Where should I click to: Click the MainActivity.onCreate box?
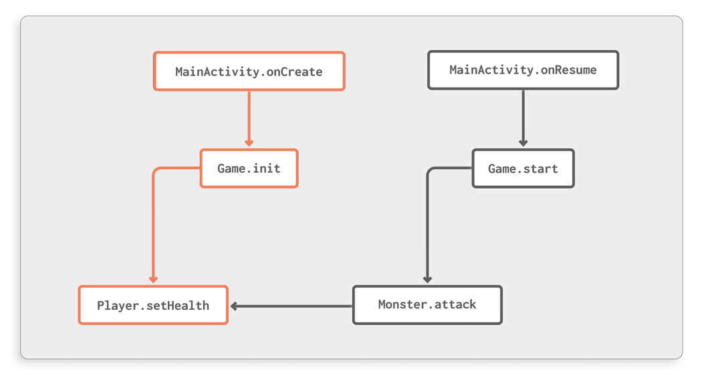coord(249,71)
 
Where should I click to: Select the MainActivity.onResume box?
coord(523,70)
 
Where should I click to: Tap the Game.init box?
coord(249,168)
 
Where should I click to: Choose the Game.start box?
coord(523,168)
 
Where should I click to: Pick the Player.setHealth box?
coord(153,305)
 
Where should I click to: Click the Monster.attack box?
coord(427,305)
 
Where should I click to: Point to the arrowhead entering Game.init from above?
coord(249,142)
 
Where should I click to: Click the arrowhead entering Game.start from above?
coord(523,142)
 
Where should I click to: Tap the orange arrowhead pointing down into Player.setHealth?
coord(153,280)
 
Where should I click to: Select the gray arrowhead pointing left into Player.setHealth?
coord(235,306)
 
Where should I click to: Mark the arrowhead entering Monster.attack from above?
coord(427,280)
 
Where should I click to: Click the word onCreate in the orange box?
coord(294,71)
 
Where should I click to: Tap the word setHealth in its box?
coord(179,306)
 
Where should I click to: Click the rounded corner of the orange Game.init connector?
coord(156,171)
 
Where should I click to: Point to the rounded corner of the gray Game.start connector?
coord(430,171)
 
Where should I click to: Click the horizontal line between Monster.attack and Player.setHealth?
coord(294,306)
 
